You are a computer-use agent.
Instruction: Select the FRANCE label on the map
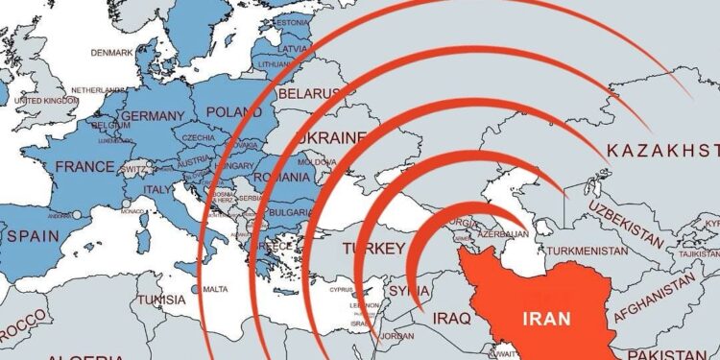[84, 166]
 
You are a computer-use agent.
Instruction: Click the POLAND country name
[234, 111]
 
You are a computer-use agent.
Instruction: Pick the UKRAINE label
[331, 138]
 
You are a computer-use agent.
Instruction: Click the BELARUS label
[308, 93]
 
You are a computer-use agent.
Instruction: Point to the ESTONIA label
[292, 22]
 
